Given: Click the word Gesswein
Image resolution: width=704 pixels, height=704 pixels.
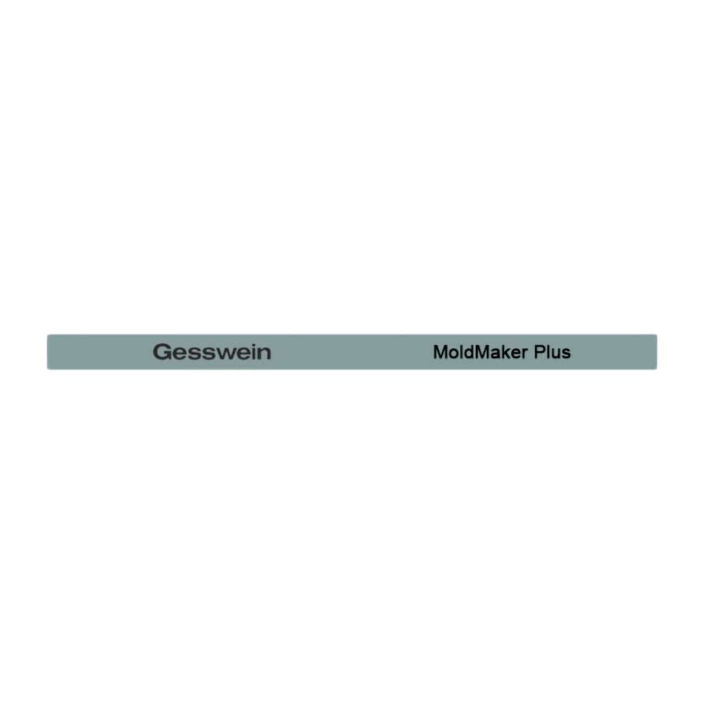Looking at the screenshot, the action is point(212,352).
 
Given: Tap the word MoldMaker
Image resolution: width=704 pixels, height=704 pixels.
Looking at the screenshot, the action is point(480,352).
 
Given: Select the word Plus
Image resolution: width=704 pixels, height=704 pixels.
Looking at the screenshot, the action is point(552,352).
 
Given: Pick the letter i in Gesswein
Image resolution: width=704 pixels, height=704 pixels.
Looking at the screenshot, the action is point(252,352).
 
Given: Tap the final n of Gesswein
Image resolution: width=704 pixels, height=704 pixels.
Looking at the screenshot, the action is point(264,354).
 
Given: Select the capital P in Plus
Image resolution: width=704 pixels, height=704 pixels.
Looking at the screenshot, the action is point(540,352).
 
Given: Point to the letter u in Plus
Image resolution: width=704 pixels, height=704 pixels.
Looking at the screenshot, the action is point(555,355).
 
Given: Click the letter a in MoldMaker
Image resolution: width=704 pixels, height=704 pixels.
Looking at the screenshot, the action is point(493,355).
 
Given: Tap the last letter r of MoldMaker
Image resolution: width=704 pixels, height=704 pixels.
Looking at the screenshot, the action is point(524,354).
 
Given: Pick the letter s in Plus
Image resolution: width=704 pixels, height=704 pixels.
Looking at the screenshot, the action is point(566,355).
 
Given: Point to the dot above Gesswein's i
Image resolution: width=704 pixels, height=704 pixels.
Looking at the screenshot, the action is point(252,345).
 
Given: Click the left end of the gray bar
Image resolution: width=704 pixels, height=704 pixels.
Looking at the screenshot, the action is point(47,352).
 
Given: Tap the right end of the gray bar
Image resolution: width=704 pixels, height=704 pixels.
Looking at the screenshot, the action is point(657,352).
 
